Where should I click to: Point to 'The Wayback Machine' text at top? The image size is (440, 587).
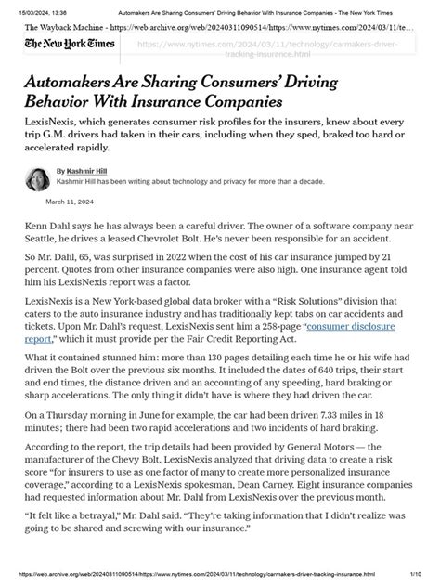(66, 27)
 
